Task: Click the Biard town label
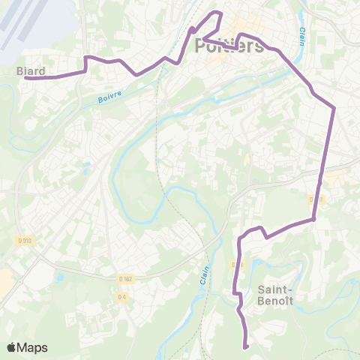31,71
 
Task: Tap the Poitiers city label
229,46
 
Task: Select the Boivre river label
110,98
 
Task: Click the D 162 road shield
124,279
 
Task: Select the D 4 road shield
121,297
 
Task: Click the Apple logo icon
12,348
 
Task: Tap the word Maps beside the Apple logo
32,348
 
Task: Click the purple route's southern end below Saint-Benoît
246,346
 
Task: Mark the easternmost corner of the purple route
334,107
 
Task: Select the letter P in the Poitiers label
201,46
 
